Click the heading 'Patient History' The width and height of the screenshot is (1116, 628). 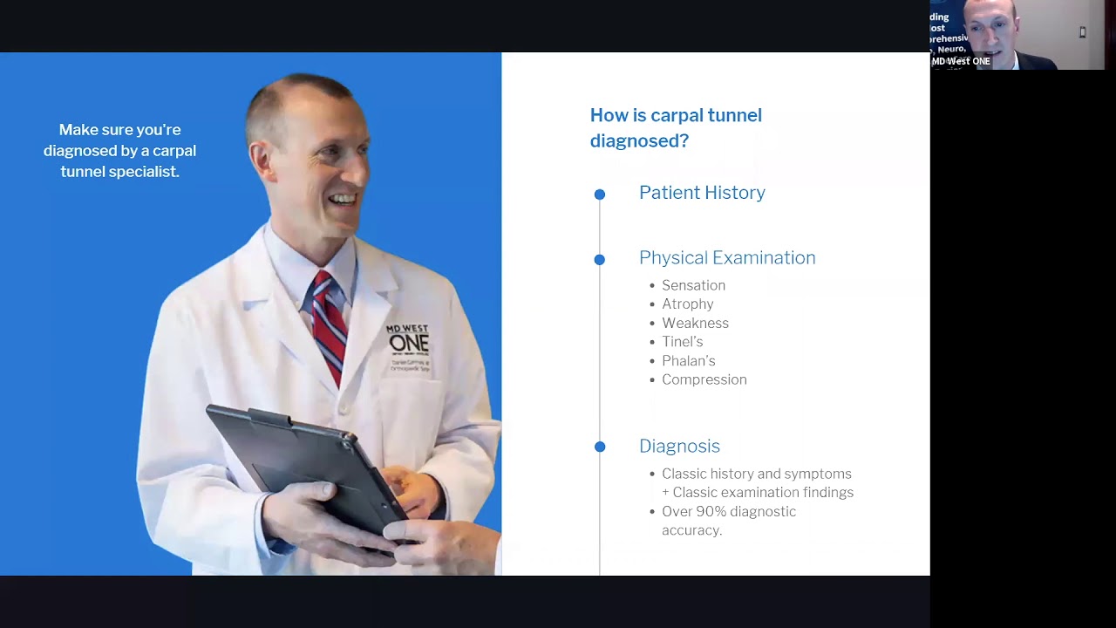tap(702, 193)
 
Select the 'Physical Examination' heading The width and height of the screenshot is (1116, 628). tap(727, 257)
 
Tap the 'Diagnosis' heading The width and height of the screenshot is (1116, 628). tap(679, 446)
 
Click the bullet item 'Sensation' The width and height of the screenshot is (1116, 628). tap(693, 285)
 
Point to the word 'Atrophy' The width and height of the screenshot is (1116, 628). tap(687, 304)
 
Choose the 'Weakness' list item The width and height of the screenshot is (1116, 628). tap(695, 323)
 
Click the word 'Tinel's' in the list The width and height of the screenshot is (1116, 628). tap(682, 342)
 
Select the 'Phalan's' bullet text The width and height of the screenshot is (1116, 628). tap(688, 360)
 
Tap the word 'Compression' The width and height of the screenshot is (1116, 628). tap(704, 379)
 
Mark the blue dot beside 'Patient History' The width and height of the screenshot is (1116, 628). tap(600, 195)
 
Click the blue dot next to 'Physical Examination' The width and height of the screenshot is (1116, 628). tap(600, 259)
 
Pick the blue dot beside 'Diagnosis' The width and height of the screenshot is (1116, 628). tap(600, 447)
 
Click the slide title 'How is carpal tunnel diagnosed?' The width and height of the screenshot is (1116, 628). tap(676, 127)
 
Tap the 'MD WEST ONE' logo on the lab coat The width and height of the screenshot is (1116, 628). tap(408, 338)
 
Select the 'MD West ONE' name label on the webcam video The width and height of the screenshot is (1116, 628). tap(961, 62)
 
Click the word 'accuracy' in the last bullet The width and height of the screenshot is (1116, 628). tap(691, 530)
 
